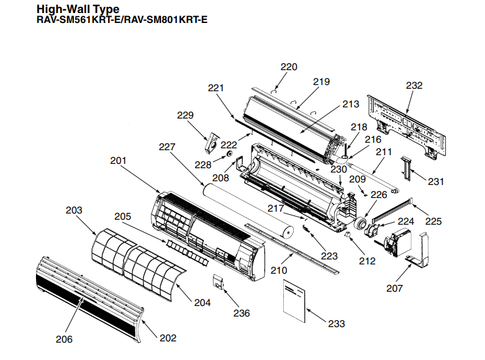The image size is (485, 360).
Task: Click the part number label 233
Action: [336, 324]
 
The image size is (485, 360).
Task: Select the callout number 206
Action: [64, 339]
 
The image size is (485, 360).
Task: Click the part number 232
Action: [414, 86]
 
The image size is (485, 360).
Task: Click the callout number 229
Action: [186, 115]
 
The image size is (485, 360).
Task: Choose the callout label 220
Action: [289, 67]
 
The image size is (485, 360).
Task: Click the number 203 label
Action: [74, 210]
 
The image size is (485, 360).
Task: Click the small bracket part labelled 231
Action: [407, 166]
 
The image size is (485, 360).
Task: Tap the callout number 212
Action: [367, 261]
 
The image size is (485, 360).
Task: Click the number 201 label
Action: [118, 160]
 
